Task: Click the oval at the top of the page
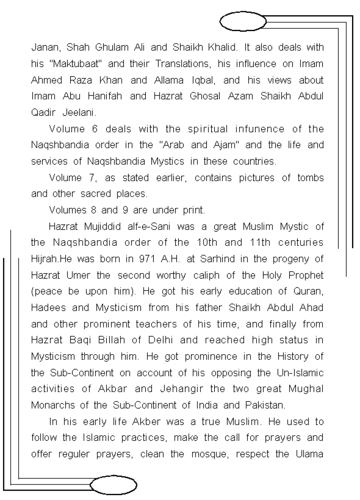pyautogui.click(x=242, y=22)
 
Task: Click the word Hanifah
pyautogui.click(x=105, y=96)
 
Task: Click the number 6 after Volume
pyautogui.click(x=94, y=129)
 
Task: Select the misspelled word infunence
pyautogui.click(x=259, y=129)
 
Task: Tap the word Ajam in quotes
pyautogui.click(x=223, y=145)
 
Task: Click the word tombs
pyautogui.click(x=310, y=178)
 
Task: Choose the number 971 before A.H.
pyautogui.click(x=147, y=259)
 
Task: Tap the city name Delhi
pyautogui.click(x=160, y=340)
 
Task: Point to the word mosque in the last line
pyautogui.click(x=210, y=454)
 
